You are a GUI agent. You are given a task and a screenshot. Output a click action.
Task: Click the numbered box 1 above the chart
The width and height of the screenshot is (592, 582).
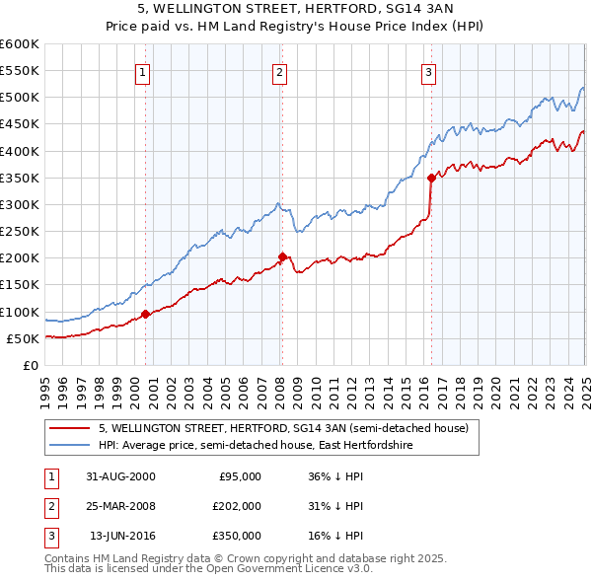point(143,71)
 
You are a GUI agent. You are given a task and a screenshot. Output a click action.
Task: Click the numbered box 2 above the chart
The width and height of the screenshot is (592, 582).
point(280,71)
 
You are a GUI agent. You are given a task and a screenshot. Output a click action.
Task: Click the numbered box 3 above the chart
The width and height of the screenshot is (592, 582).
point(429,71)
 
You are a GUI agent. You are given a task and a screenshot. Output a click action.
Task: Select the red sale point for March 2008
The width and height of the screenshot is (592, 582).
point(282,256)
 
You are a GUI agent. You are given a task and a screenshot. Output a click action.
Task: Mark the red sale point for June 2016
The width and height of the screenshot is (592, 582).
point(431,178)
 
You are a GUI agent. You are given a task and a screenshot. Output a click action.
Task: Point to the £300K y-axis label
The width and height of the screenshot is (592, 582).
point(19,204)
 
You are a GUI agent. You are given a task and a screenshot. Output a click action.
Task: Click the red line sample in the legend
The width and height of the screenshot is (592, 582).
point(70,428)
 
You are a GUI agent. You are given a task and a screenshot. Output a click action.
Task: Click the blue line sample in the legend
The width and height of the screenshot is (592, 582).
point(70,446)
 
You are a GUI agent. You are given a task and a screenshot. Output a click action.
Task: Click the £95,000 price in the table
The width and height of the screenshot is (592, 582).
point(239,475)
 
